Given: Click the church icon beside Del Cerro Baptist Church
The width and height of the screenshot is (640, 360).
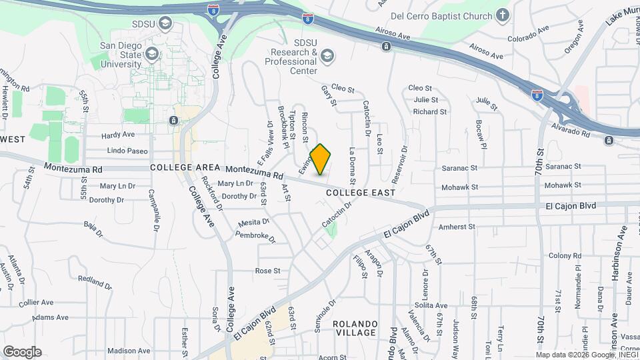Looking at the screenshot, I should coord(503,15).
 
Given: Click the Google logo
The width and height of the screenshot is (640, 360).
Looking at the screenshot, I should coord(22,351).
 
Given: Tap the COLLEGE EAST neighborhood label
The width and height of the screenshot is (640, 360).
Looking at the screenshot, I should coord(357,193).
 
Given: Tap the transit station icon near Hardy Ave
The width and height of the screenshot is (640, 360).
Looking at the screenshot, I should coord(173,120).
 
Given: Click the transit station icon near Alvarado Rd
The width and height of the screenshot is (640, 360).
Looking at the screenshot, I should coord(609,140).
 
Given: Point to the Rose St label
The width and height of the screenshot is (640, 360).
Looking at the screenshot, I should coord(267,271).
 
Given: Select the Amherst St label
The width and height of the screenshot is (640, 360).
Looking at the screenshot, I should coord(457,227).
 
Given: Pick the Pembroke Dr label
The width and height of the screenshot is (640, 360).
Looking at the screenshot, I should coord(254,236).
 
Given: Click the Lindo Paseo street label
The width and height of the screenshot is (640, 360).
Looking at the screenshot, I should coord(127,151).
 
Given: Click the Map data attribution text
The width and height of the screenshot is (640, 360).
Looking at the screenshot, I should coord(587,355).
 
